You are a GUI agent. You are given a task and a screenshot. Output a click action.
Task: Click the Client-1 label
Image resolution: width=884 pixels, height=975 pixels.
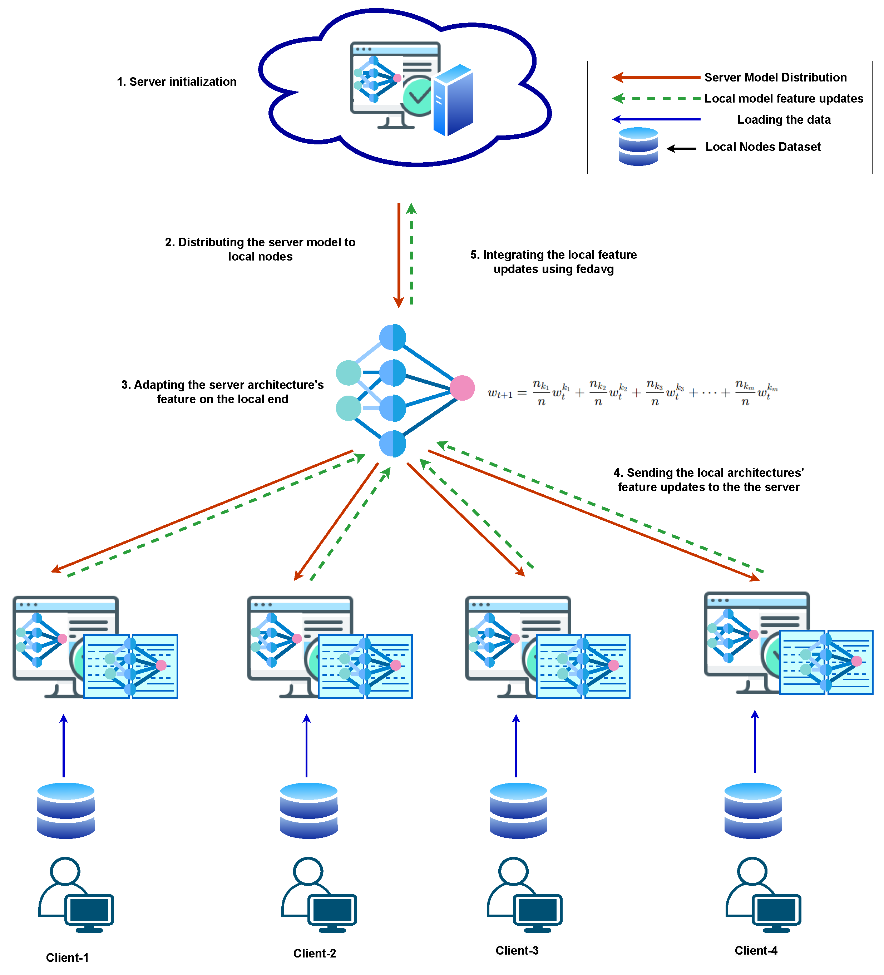click(x=67, y=957)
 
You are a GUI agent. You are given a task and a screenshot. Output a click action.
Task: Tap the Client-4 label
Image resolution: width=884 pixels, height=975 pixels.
click(x=755, y=950)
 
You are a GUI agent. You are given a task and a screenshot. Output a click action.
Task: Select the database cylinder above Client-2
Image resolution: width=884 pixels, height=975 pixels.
click(x=308, y=810)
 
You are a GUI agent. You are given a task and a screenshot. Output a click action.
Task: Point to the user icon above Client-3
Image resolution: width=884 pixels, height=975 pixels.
click(x=524, y=895)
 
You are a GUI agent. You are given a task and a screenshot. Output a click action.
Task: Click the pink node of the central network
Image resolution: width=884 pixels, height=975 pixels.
click(x=462, y=388)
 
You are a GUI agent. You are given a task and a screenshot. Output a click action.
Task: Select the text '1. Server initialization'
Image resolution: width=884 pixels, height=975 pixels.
click(x=177, y=82)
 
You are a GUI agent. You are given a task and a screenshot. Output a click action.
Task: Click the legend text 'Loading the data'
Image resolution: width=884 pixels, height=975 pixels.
click(x=784, y=119)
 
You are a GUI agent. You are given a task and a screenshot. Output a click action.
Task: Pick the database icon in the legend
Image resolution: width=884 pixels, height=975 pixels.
click(x=638, y=147)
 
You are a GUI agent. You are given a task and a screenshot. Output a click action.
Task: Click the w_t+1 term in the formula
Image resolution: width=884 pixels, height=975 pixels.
click(x=499, y=393)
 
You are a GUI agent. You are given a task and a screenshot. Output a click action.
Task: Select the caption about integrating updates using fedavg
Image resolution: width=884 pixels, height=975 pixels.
click(x=553, y=262)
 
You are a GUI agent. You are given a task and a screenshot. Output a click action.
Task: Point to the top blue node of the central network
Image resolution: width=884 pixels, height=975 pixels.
click(x=392, y=337)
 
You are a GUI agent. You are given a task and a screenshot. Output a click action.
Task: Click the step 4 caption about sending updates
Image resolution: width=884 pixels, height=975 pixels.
click(x=708, y=479)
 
